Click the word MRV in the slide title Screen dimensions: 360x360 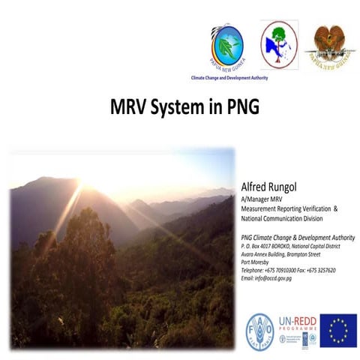coord(125,106)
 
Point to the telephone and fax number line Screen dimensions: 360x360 coord(288,270)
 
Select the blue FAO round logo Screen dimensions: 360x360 coord(259,328)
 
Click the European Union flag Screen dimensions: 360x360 coord(338,330)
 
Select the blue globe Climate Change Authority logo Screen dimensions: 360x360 coord(227,45)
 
